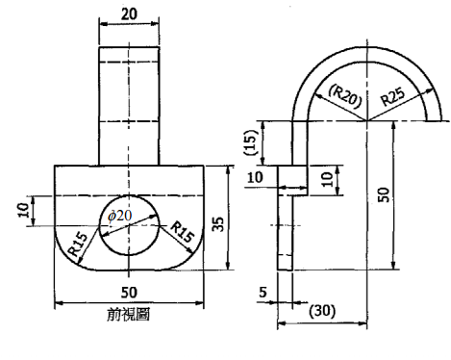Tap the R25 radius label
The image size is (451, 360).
396,96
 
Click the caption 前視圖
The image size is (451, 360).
128,315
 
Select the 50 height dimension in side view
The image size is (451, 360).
383,195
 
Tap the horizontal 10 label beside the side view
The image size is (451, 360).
255,177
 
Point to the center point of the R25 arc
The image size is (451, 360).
365,120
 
